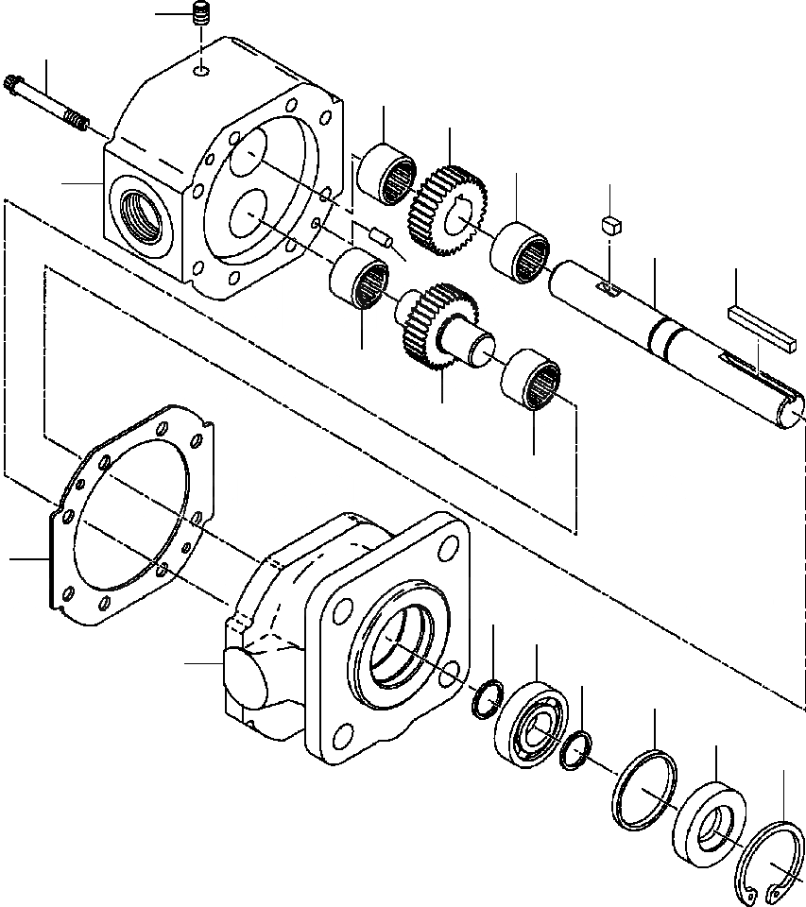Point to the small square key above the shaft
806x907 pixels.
tap(609, 223)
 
